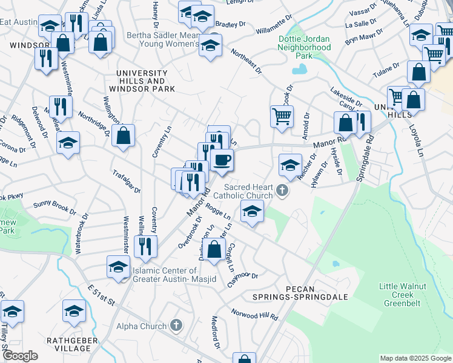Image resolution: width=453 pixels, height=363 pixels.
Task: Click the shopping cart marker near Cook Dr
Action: tap(282, 116)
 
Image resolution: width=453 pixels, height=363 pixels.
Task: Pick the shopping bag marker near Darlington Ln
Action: tap(214, 249)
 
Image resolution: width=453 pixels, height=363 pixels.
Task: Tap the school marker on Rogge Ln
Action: tap(252, 212)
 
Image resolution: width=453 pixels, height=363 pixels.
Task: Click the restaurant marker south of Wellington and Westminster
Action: tap(145, 246)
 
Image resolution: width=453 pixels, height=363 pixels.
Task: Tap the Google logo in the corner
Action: tap(20, 356)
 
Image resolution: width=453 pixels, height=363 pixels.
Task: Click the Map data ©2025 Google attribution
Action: tap(415, 358)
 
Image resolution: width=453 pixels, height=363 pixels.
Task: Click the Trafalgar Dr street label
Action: tap(126, 181)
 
